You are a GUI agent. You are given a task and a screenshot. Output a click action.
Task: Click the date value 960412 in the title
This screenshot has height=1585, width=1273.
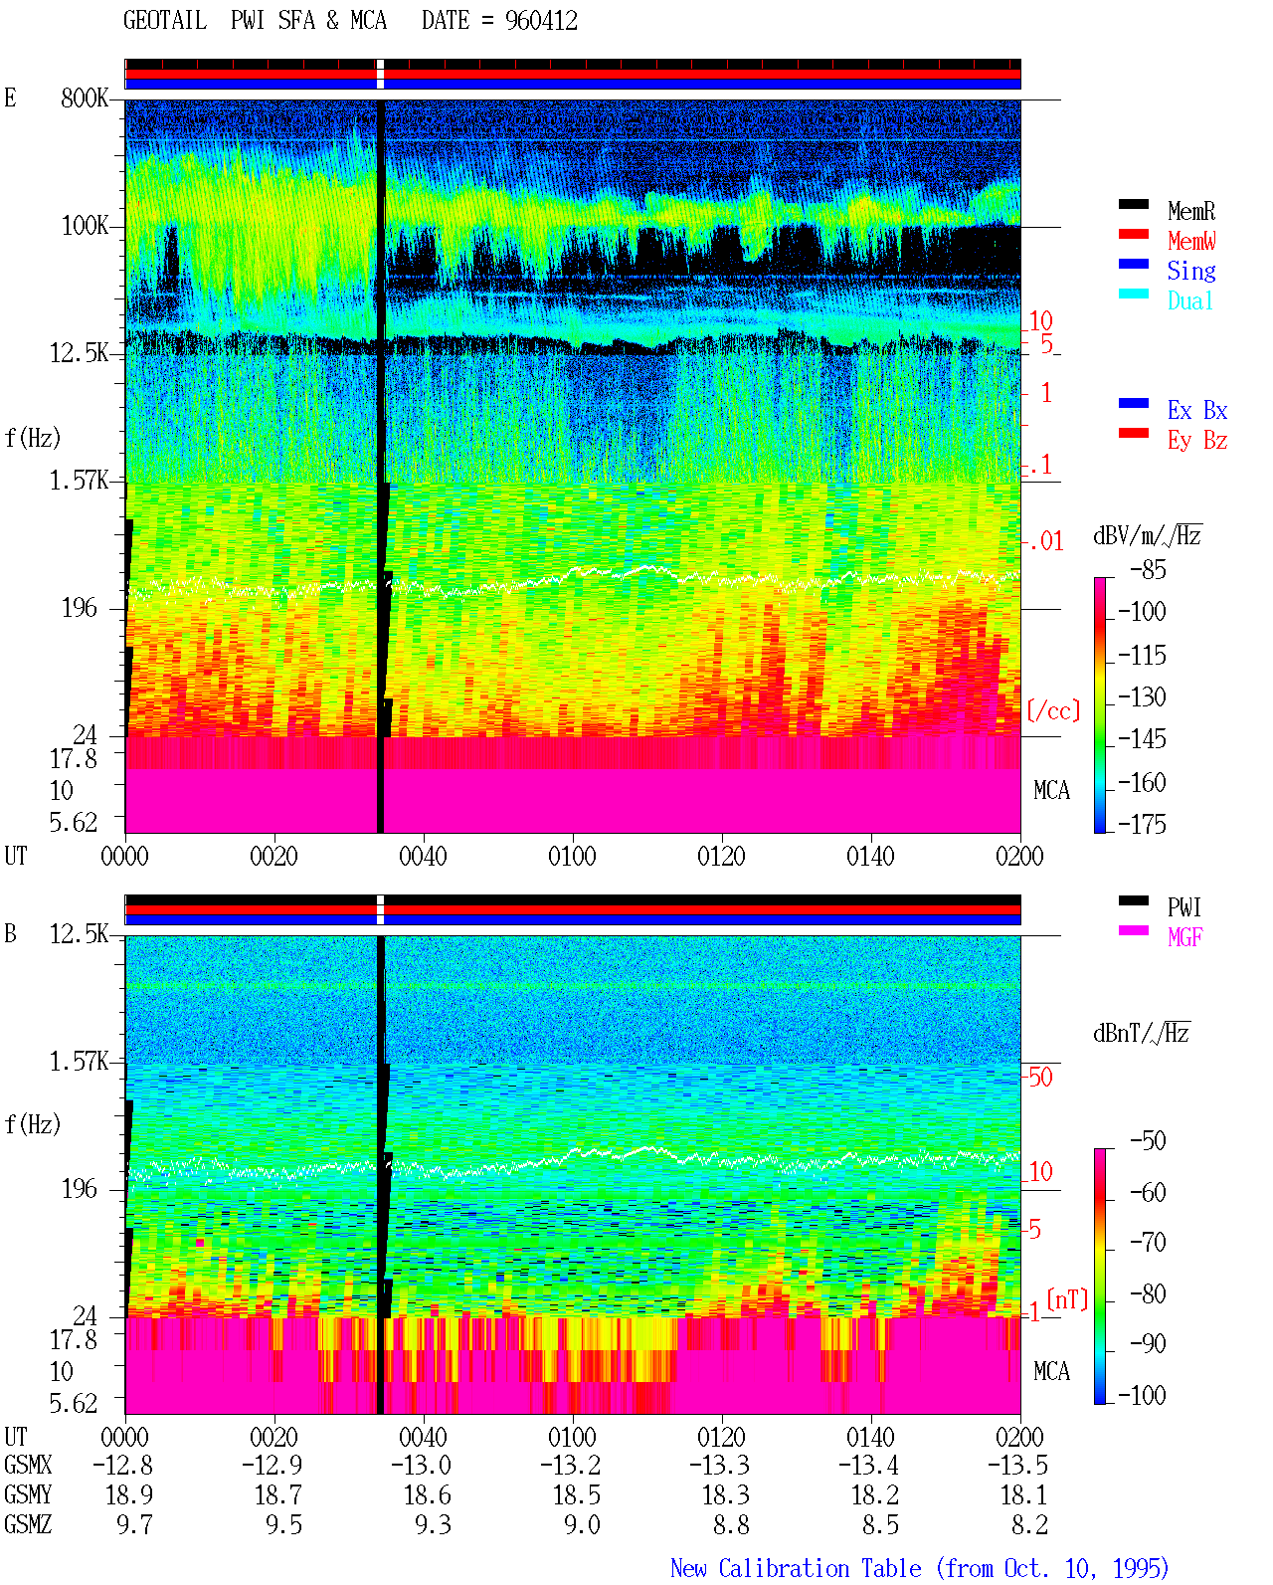click(x=541, y=21)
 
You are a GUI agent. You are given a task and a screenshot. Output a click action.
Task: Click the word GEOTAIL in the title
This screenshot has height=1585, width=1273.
click(x=165, y=21)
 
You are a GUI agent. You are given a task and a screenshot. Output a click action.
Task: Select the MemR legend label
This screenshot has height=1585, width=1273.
click(x=1191, y=211)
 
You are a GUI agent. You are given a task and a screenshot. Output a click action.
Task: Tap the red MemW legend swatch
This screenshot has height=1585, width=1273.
click(x=1133, y=234)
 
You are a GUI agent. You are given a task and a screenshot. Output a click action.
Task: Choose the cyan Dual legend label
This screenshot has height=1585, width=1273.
click(x=1189, y=300)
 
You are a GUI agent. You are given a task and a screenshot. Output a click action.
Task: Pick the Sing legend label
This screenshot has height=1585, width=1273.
click(x=1191, y=271)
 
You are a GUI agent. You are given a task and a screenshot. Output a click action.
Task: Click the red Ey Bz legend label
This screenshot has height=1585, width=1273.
click(x=1197, y=441)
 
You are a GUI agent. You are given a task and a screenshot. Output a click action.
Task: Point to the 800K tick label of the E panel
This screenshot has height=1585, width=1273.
click(x=85, y=98)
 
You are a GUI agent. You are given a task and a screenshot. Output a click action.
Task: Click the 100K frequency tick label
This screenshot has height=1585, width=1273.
click(x=85, y=226)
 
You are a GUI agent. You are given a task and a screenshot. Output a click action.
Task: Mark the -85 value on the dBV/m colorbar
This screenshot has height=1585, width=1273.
click(x=1148, y=570)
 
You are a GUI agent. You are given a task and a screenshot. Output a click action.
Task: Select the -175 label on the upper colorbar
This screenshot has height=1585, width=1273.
click(x=1142, y=824)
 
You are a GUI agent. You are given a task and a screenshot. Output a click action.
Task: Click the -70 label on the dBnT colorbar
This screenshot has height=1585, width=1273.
click(x=1148, y=1243)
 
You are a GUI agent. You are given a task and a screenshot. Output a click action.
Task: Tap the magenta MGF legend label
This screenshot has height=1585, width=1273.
click(x=1184, y=937)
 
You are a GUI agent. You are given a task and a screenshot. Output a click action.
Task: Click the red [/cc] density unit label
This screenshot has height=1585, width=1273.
click(x=1053, y=710)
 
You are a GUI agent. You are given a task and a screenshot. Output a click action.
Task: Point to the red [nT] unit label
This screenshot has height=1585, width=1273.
click(x=1067, y=1300)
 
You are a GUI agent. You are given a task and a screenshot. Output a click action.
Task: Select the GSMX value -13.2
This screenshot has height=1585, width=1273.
click(x=570, y=1466)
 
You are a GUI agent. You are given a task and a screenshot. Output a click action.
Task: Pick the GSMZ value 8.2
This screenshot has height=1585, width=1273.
click(x=1029, y=1524)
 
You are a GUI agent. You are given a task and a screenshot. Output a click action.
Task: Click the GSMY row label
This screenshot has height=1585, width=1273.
click(x=28, y=1495)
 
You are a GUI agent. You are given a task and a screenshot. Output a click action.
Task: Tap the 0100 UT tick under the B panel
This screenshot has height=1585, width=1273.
click(x=572, y=1437)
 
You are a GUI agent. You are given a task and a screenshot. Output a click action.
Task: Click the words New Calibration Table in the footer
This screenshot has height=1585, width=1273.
click(x=796, y=1569)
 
